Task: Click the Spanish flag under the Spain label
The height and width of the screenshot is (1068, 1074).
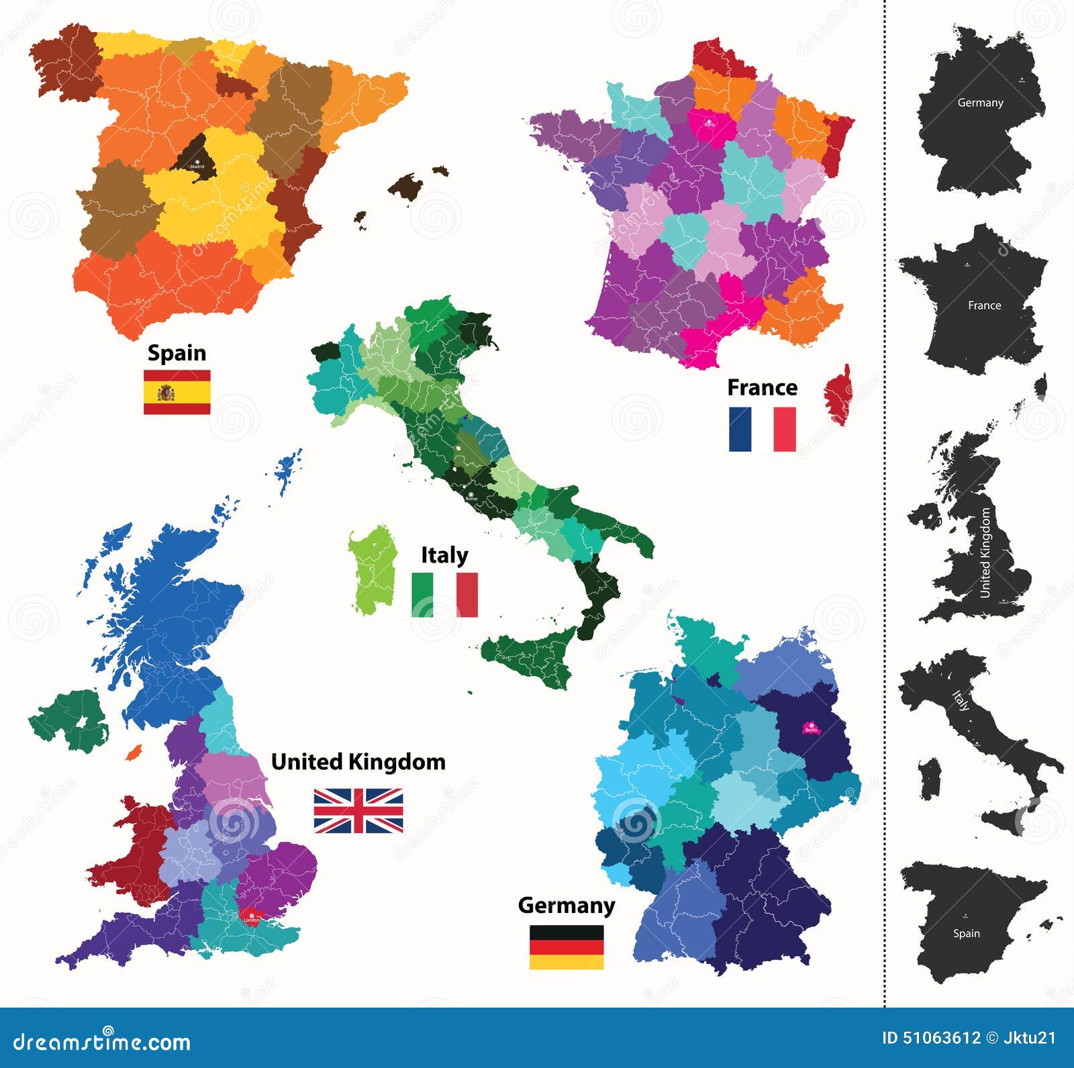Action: pos(177,392)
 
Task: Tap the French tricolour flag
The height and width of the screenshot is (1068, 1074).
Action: pos(763,429)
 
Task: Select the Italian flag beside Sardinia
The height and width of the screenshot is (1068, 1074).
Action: pos(444,594)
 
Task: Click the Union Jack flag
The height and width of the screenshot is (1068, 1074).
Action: pos(358,811)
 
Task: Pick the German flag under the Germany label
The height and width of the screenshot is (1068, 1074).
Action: pos(567,946)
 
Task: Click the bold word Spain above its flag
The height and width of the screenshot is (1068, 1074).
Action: pos(177,353)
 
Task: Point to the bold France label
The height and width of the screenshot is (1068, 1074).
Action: pos(763,387)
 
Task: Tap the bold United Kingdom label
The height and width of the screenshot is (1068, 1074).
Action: pos(358,762)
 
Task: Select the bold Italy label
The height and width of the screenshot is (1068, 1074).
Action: pos(444,555)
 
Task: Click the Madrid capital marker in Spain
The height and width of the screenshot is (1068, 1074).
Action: pos(197,160)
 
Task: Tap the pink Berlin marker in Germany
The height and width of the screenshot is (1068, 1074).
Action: pos(812,727)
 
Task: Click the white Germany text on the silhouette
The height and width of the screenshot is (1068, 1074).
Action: pos(980,103)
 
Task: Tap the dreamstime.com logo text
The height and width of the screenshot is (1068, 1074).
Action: pos(103,1041)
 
